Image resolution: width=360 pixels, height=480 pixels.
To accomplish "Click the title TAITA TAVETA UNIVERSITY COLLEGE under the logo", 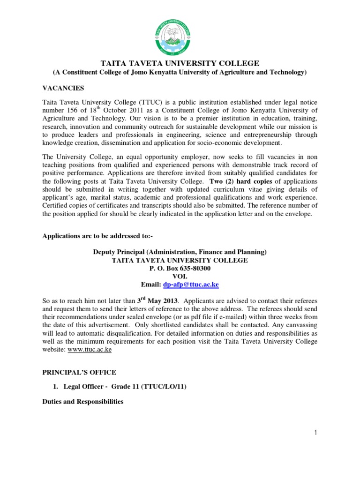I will pos(180,63).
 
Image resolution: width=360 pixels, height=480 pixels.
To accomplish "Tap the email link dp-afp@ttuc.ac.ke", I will pos(191,285).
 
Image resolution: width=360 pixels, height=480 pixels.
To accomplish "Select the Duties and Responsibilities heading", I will pos(83,402).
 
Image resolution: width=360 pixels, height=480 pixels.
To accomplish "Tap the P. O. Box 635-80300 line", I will pos(180,268).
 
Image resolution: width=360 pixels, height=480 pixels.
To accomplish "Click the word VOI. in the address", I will pos(180,277).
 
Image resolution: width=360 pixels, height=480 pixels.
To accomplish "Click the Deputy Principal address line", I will pos(180,252).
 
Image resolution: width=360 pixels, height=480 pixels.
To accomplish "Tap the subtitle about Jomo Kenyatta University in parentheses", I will pos(180,72).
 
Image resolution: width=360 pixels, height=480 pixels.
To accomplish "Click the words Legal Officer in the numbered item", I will pos(87,387).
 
